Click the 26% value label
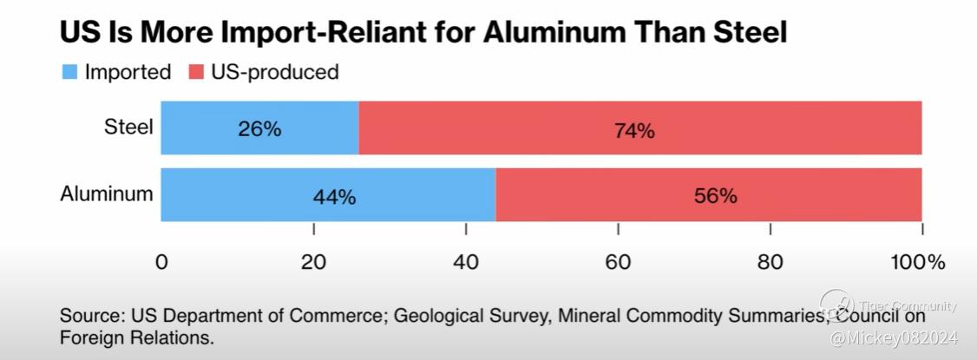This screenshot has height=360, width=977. [x=259, y=129]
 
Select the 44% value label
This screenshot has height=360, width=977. [x=334, y=197]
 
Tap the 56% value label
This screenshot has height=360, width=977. [x=715, y=196]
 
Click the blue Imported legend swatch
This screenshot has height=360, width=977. [x=69, y=72]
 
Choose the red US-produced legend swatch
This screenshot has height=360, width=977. [x=195, y=72]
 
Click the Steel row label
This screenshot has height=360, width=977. [x=128, y=128]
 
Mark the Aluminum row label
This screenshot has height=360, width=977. [x=106, y=193]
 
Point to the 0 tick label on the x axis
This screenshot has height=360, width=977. [x=161, y=263]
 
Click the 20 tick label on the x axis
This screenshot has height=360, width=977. [x=313, y=263]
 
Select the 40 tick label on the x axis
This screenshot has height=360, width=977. [x=466, y=263]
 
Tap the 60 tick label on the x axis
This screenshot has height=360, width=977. [x=618, y=263]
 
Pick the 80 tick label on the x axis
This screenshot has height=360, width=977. [x=770, y=263]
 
